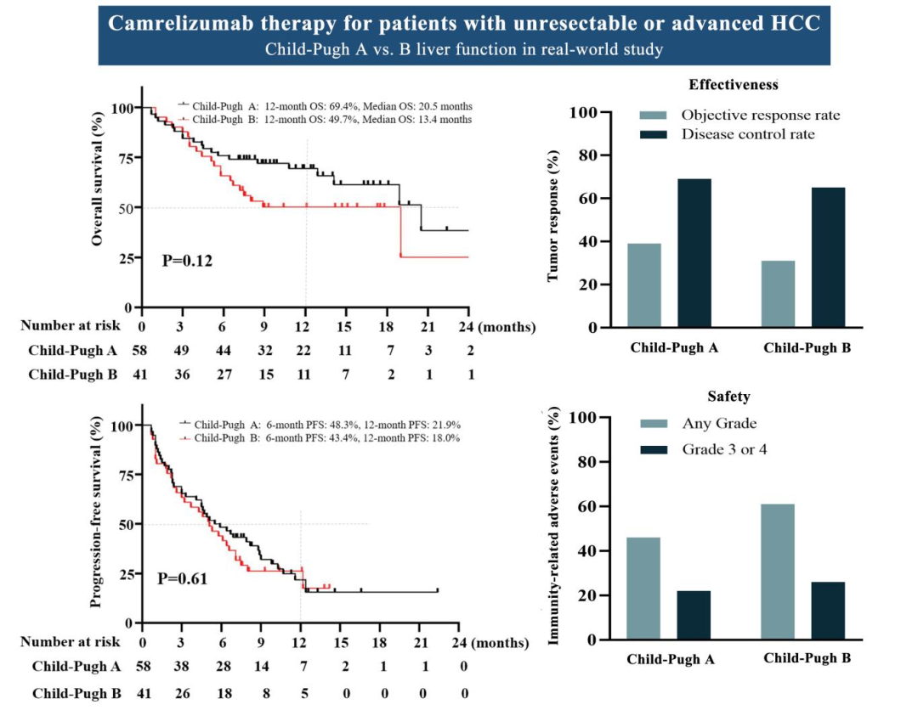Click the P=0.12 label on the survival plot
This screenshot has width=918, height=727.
[x=187, y=261]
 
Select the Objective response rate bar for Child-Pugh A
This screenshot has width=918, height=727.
[x=643, y=285]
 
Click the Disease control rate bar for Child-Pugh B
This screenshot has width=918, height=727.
[x=828, y=257]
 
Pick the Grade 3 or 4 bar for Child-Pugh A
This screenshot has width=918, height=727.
[x=693, y=615]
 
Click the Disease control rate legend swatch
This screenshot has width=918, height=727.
[x=654, y=135]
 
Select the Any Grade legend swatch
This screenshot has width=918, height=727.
[x=654, y=424]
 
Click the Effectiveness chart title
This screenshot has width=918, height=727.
[x=734, y=85]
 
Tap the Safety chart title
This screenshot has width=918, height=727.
[x=728, y=397]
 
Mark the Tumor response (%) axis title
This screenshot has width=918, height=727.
[x=553, y=216]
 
